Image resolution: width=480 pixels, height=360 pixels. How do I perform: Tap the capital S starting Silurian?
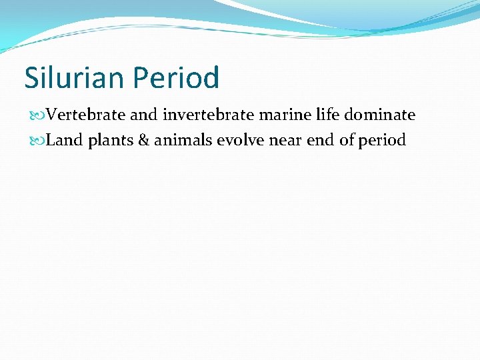click(31, 78)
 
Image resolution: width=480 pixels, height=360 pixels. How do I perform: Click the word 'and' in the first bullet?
click(143, 115)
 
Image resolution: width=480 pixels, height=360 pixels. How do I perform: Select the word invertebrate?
click(207, 115)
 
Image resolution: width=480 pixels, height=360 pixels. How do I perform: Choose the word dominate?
click(379, 115)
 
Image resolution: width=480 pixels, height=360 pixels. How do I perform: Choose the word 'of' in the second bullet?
click(347, 141)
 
